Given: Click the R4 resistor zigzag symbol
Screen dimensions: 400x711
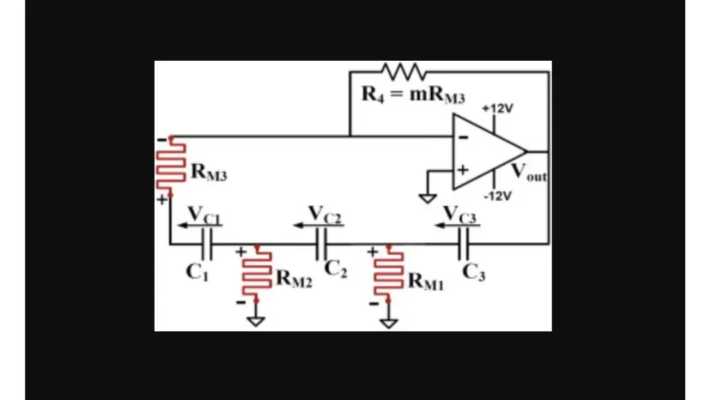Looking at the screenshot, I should click(x=404, y=72).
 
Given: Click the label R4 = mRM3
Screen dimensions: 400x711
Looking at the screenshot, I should click(x=413, y=95).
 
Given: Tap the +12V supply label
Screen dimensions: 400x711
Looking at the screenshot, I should click(x=497, y=108).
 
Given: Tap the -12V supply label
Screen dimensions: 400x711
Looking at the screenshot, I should click(x=497, y=196).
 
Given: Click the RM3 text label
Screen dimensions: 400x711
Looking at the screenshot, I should click(x=209, y=173).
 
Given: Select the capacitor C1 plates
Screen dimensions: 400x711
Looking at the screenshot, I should click(x=207, y=243).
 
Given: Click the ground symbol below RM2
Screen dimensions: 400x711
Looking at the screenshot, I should click(x=256, y=321).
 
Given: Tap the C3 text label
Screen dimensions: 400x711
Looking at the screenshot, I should click(x=474, y=272).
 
